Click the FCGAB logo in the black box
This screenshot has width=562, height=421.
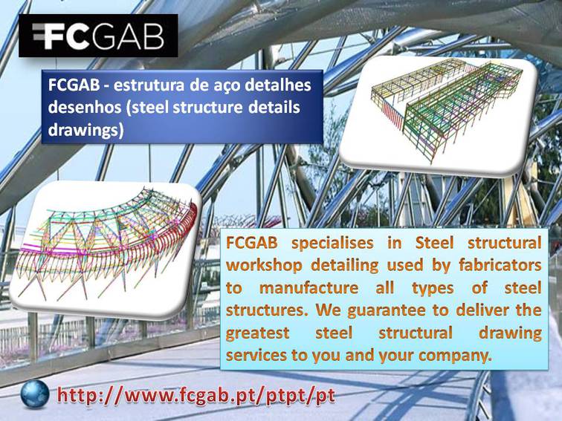(x=98, y=36)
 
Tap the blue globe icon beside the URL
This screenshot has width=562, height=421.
(x=35, y=394)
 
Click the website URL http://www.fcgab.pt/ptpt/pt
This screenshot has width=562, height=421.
(x=196, y=396)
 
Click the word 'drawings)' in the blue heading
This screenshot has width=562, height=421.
(x=85, y=130)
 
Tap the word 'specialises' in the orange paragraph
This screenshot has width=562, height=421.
(x=332, y=243)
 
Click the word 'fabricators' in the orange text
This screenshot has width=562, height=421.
(x=500, y=265)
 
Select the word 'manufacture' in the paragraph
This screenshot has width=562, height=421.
(x=309, y=287)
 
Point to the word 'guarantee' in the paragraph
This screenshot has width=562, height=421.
(x=387, y=310)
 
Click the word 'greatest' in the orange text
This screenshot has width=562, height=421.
(x=257, y=333)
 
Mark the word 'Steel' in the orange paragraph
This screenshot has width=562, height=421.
(x=434, y=243)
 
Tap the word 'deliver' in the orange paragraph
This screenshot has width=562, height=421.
(x=482, y=310)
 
